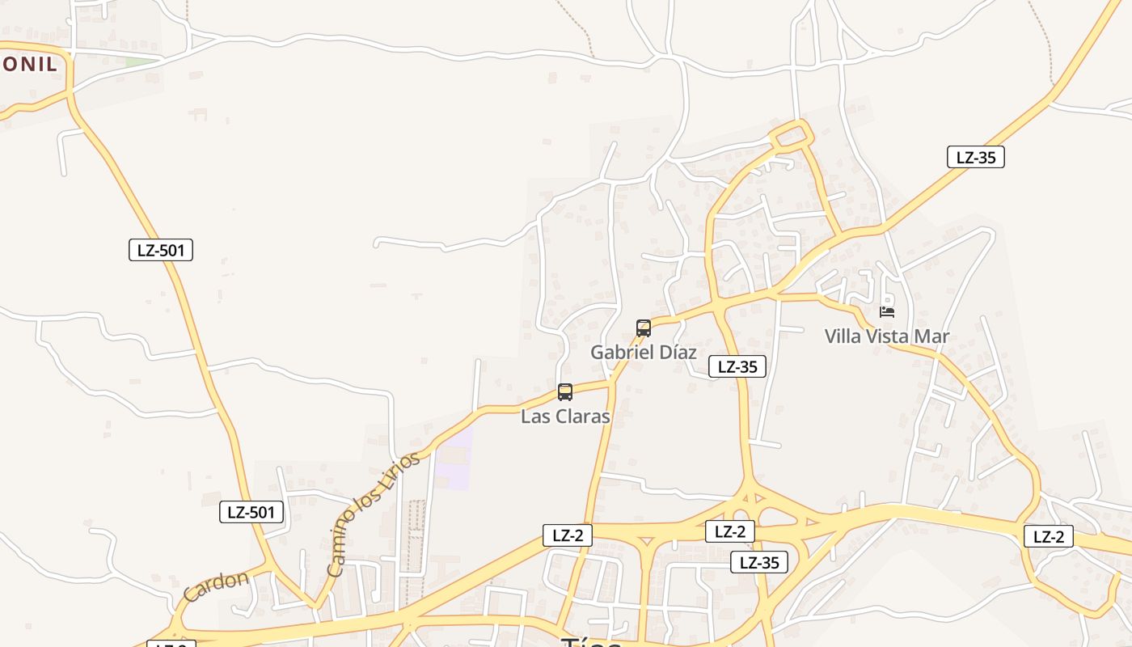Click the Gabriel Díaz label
coord(643,353)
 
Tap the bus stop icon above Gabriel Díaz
coord(644,328)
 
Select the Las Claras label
coord(565,417)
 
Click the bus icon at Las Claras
coord(565,392)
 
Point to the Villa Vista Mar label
coord(887,336)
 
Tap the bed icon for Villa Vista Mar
coord(887,311)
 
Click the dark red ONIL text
coord(29,65)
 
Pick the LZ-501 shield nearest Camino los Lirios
coord(251,512)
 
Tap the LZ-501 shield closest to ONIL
coord(161,250)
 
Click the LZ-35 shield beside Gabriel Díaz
coord(737,366)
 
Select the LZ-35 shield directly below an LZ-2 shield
coord(759,562)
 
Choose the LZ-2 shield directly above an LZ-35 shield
coord(730,531)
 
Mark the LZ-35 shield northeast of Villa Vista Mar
coord(976,157)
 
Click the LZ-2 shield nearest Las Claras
coord(568,535)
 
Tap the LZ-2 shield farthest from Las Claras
coord(1049,536)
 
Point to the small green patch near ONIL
coord(141,61)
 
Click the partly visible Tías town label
coord(591,641)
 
